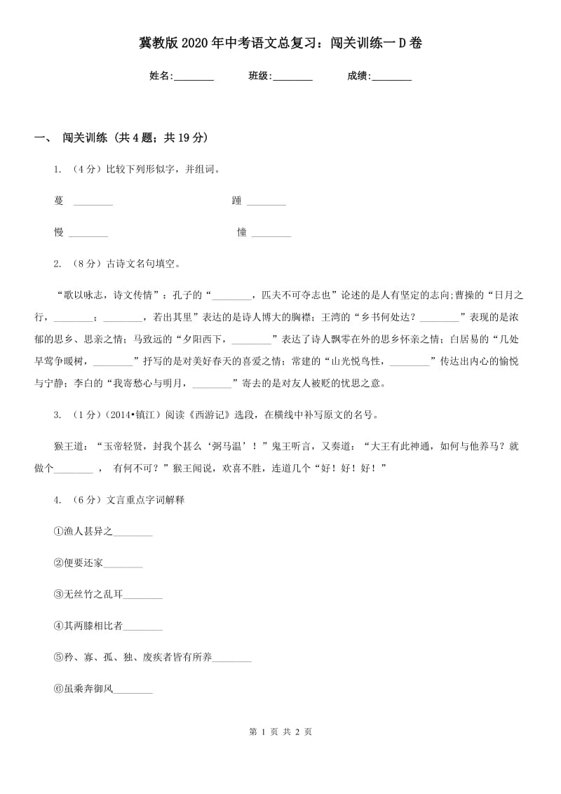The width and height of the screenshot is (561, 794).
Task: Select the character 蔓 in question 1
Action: pos(58,201)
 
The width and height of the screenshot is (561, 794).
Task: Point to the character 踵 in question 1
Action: pos(236,201)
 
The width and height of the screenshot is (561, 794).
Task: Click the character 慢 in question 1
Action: pos(59,232)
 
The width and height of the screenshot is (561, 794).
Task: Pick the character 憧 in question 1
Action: pos(241,232)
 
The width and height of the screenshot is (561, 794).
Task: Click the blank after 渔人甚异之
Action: pos(133,532)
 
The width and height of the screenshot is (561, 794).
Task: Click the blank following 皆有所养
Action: pos(231,657)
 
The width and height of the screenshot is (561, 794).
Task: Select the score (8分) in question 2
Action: pos(88,264)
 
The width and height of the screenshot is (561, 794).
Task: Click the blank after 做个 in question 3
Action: pos(73,468)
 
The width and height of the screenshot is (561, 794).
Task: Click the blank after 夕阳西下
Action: pos(251,339)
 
